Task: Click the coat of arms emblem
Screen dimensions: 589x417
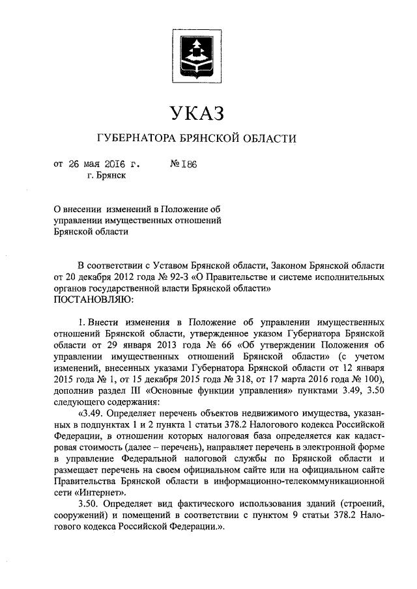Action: click(197, 51)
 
